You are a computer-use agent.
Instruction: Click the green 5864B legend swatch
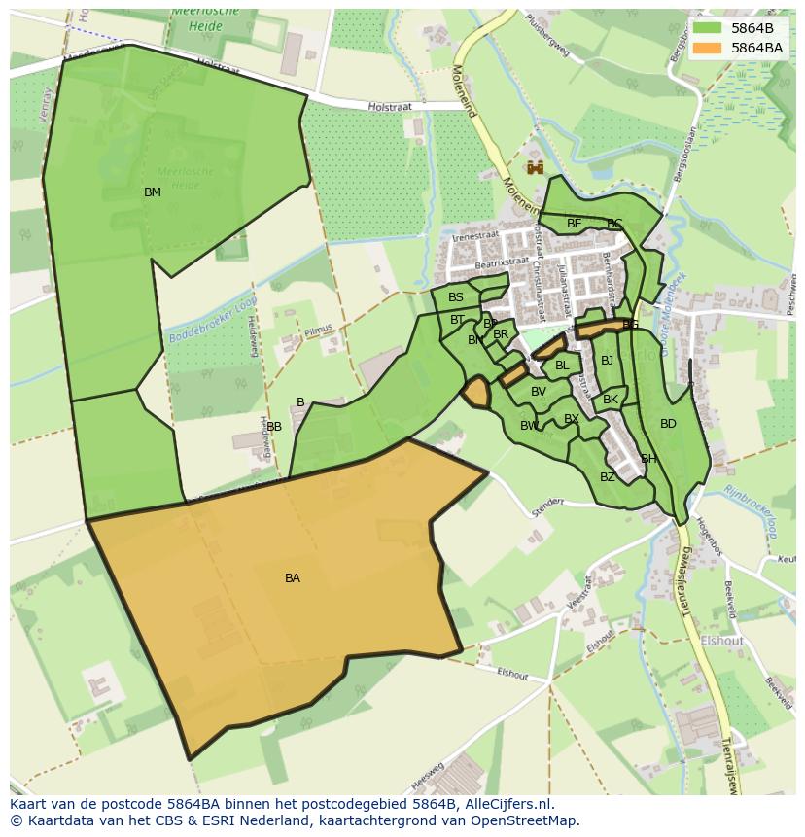tap(708, 28)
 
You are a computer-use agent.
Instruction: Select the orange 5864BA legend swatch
tap(708, 48)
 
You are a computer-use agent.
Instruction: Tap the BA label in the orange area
tap(293, 578)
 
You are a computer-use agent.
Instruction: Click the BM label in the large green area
tap(153, 192)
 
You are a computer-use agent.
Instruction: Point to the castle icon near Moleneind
tap(535, 168)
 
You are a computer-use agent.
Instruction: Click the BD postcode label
tap(668, 424)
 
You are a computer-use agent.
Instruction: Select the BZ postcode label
tap(608, 477)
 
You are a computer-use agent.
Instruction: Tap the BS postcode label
tap(456, 298)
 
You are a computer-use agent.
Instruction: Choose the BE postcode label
tap(575, 224)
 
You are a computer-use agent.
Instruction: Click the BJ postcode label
tap(608, 361)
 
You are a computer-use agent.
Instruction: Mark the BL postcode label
tap(562, 366)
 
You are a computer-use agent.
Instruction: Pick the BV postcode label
tap(539, 392)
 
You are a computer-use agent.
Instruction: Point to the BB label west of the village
tap(274, 427)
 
